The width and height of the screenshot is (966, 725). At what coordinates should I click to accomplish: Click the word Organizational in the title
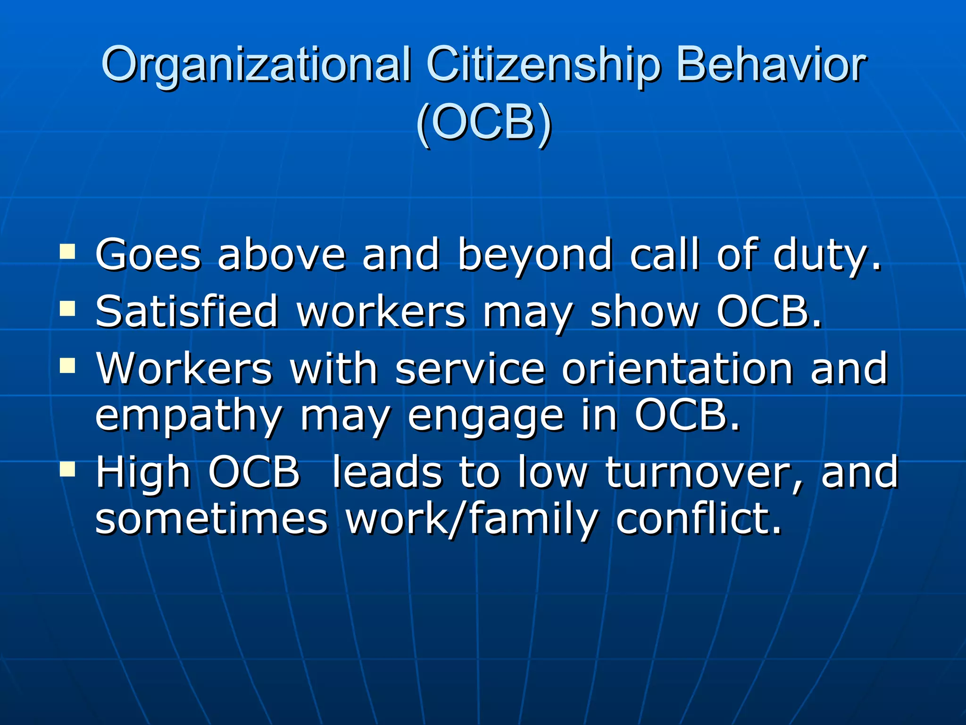click(255, 65)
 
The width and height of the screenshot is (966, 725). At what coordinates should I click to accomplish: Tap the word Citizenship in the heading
click(542, 65)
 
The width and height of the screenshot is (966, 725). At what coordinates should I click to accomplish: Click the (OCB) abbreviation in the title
click(483, 124)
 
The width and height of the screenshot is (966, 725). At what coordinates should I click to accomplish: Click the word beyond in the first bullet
click(535, 255)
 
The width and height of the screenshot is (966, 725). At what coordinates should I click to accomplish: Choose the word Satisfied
click(187, 312)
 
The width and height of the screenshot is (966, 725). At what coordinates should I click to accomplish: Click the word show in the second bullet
click(644, 312)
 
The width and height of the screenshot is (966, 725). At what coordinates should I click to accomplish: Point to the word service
click(470, 369)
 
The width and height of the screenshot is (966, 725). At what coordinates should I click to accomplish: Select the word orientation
click(677, 369)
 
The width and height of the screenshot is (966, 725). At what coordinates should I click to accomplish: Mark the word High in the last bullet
click(143, 472)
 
